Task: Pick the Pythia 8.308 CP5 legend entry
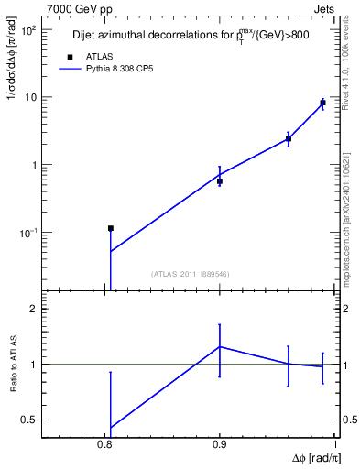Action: (119, 70)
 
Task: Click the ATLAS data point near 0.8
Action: (110, 228)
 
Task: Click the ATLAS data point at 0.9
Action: (220, 181)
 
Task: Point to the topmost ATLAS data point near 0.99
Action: (322, 103)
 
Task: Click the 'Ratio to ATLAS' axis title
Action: (14, 365)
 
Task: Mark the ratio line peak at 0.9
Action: (220, 346)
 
